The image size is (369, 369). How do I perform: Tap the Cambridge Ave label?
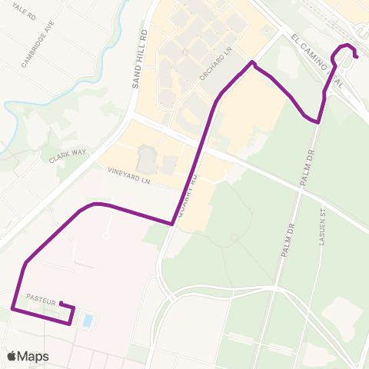click(x=38, y=49)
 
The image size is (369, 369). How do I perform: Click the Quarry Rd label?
click(x=188, y=196)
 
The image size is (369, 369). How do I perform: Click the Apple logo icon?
click(x=12, y=356)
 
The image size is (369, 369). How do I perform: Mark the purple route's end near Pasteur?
click(x=60, y=303)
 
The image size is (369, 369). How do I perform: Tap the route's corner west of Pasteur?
click(x=12, y=308)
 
